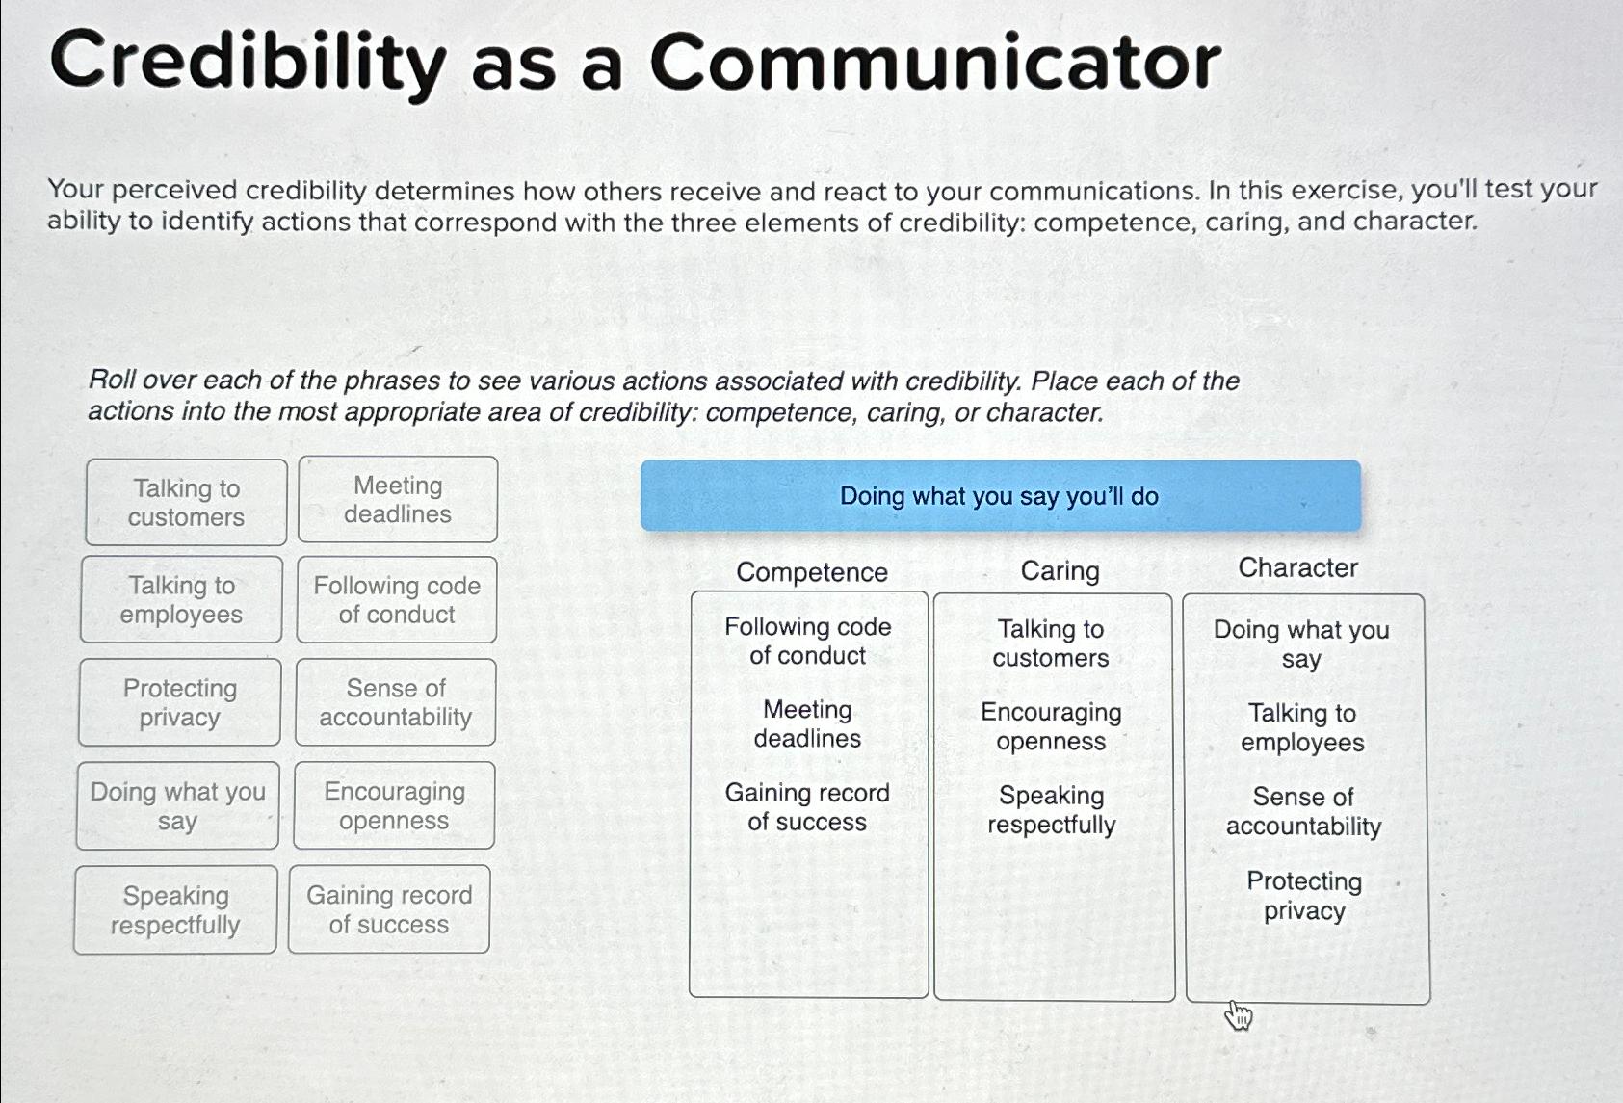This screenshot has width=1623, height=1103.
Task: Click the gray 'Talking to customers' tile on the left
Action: coord(186,502)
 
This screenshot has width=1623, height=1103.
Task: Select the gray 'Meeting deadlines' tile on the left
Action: coord(398,499)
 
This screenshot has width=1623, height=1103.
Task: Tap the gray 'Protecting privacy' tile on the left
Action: coord(179,702)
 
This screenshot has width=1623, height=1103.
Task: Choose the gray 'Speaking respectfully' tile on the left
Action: coord(175,909)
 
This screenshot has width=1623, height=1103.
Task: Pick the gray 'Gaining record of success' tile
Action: coord(389,909)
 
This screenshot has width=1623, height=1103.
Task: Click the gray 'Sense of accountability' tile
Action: coord(396,702)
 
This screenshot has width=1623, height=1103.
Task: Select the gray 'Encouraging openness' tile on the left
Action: coord(394,805)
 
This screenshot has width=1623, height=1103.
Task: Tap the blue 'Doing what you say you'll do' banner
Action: coord(1000,496)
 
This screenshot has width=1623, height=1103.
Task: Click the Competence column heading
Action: coord(812,572)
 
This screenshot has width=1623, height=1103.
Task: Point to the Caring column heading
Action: coord(1060,571)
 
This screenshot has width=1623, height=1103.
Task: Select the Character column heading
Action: coord(1297,568)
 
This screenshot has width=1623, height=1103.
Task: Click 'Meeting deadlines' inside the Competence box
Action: coord(807,723)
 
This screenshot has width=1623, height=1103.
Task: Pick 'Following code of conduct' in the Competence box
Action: coord(808,641)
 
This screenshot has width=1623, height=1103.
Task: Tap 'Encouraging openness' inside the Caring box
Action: coord(1051,726)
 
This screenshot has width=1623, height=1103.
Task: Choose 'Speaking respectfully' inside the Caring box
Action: coord(1051,810)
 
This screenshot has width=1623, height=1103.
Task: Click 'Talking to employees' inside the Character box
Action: coord(1302,727)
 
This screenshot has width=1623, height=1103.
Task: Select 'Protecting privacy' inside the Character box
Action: coord(1304,896)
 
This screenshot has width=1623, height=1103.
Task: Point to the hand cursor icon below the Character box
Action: coord(1239,1015)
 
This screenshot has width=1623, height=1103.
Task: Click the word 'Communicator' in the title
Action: coord(935,63)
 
